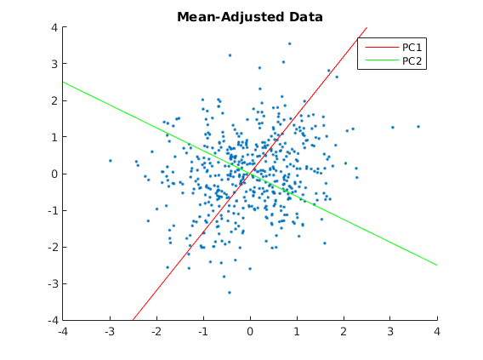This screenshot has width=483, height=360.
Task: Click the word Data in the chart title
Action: [306, 17]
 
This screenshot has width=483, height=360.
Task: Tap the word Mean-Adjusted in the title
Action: [230, 17]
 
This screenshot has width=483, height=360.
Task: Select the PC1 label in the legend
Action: [412, 48]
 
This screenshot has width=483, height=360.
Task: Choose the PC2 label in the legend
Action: [412, 61]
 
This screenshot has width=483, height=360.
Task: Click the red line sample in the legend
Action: [382, 47]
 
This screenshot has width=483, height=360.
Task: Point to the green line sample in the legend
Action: [382, 60]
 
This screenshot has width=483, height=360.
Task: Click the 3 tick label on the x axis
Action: [390, 332]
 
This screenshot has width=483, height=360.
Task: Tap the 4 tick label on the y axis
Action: [54, 27]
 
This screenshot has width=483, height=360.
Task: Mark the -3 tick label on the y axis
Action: [53, 283]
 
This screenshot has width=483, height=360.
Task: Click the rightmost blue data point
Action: [418, 127]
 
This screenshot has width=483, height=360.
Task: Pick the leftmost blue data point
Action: [111, 161]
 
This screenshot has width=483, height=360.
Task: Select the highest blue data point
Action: [290, 43]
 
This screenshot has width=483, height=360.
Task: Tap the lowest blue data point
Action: [230, 293]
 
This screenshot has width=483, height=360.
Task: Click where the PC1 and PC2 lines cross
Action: [250, 174]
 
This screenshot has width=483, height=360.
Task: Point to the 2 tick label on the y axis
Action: [54, 100]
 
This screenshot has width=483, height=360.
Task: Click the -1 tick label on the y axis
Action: [53, 210]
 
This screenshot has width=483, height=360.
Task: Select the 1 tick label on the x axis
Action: [297, 332]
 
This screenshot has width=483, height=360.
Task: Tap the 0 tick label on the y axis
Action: [54, 174]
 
